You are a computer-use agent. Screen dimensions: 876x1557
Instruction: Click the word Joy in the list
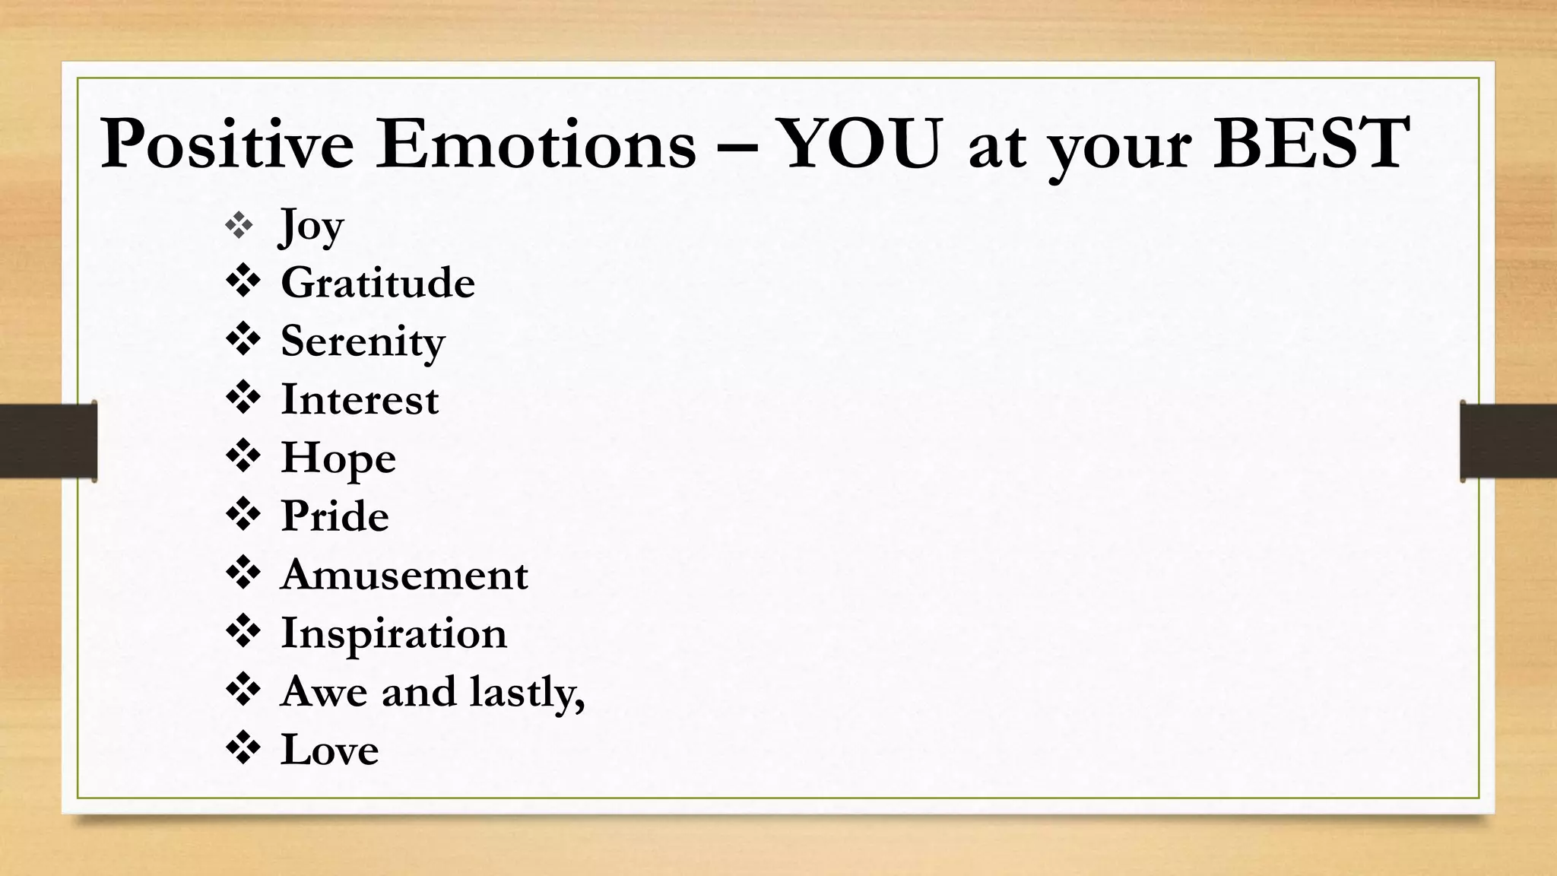pyautogui.click(x=312, y=226)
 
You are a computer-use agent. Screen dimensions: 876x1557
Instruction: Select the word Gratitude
pyautogui.click(x=378, y=283)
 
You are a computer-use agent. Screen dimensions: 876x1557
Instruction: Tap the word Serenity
pyautogui.click(x=363, y=341)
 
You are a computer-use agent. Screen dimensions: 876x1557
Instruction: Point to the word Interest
pyautogui.click(x=360, y=399)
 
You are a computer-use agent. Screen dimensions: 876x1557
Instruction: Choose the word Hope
pyautogui.click(x=338, y=459)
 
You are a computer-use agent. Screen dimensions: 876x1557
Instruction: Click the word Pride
pyautogui.click(x=335, y=516)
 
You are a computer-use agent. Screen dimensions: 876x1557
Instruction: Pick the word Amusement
pyautogui.click(x=404, y=575)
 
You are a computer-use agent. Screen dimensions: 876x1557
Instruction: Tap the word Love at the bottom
pyautogui.click(x=329, y=750)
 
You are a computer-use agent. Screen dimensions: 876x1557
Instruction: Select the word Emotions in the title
pyautogui.click(x=536, y=143)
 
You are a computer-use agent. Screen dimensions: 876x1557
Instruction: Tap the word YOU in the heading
pyautogui.click(x=861, y=143)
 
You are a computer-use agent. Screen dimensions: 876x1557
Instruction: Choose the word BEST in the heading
pyautogui.click(x=1311, y=143)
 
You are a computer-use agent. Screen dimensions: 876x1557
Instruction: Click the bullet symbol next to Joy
pyautogui.click(x=239, y=225)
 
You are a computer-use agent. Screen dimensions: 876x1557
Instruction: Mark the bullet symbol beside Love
pyautogui.click(x=243, y=748)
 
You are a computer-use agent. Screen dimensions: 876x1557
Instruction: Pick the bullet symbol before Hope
pyautogui.click(x=243, y=456)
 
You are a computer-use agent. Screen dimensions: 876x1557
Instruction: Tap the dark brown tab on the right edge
pyautogui.click(x=1508, y=441)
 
